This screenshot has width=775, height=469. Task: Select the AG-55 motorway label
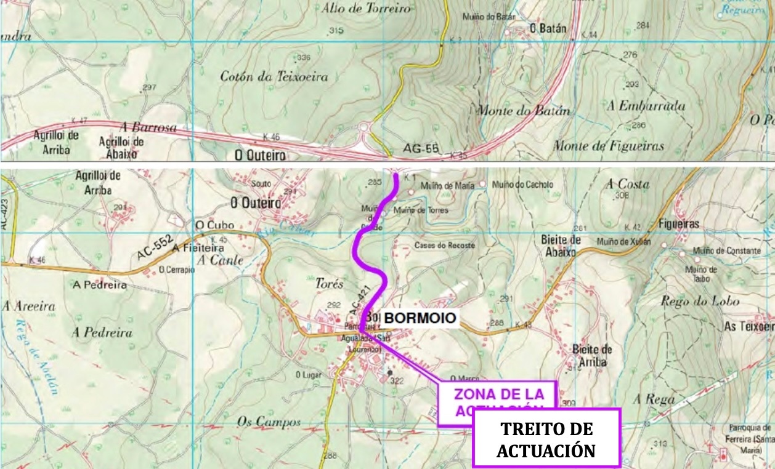click(x=421, y=148)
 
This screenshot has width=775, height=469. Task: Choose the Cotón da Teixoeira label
click(x=274, y=77)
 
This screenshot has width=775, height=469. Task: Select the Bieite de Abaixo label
click(x=561, y=246)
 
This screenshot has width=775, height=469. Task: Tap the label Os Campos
click(x=269, y=422)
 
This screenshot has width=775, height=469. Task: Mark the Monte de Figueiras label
click(x=608, y=146)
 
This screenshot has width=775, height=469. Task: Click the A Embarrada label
click(x=646, y=106)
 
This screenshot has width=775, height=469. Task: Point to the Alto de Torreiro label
click(x=365, y=9)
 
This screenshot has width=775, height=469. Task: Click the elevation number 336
click(x=304, y=57)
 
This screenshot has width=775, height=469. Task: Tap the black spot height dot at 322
click(x=389, y=372)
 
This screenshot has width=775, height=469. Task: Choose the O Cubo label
click(x=206, y=225)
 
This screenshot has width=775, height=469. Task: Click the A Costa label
click(x=628, y=184)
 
